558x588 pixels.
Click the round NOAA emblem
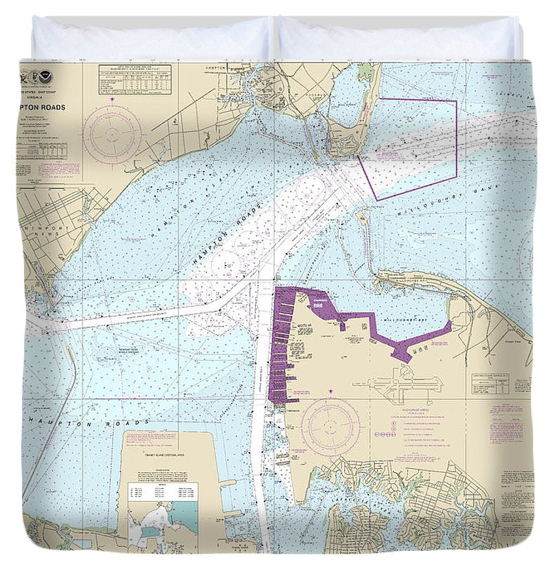(46, 72)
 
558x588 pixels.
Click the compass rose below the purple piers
(330, 422)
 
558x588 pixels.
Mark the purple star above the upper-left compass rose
(112, 101)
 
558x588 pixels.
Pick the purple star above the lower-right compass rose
(330, 391)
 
